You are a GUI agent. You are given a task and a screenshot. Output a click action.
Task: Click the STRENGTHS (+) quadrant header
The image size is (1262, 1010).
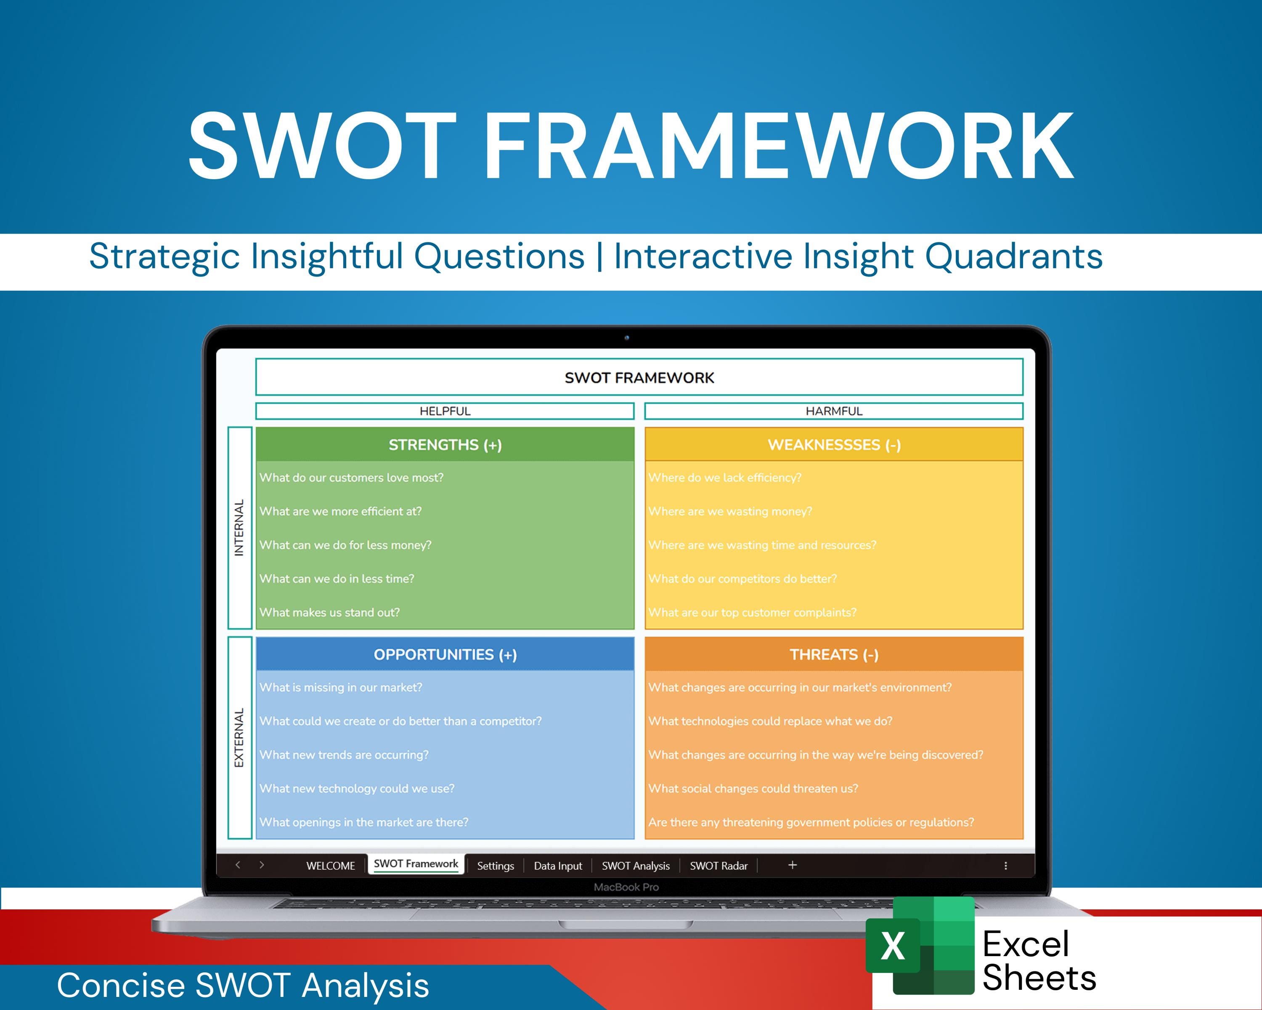pos(445,445)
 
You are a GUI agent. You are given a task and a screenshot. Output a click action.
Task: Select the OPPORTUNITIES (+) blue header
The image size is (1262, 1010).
pos(445,654)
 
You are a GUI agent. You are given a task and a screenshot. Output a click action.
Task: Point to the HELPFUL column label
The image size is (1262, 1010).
pos(445,411)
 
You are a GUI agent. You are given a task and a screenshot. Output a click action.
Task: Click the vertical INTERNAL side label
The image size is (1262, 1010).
pos(239,528)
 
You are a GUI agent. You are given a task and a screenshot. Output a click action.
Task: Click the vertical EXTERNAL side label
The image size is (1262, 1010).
pos(239,738)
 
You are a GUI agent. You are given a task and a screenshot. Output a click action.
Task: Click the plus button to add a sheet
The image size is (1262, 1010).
pos(792,865)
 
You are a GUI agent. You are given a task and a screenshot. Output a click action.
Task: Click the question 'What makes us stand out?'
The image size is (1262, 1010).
pos(329,612)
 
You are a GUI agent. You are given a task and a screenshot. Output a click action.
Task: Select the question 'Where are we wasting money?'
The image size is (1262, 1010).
pos(730,512)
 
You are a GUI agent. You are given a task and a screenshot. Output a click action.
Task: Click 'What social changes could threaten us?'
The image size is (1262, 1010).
pos(753,789)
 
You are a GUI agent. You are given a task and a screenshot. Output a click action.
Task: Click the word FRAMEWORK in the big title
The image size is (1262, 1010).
pos(779,146)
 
